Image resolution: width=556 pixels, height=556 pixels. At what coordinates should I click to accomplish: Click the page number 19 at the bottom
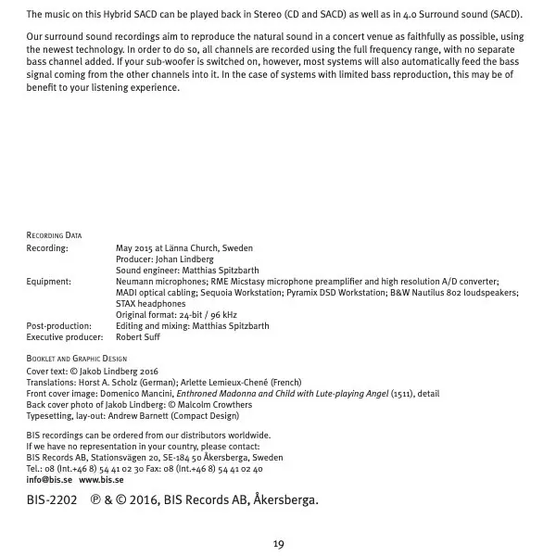pos(278,543)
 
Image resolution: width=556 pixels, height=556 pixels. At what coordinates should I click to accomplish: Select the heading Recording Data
pos(54,235)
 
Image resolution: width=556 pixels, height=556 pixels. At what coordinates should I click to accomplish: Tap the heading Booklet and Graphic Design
pos(77,358)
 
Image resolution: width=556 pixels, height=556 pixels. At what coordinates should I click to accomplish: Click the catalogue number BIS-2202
pos(52,500)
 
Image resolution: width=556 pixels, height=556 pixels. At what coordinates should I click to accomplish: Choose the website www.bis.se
pos(101,480)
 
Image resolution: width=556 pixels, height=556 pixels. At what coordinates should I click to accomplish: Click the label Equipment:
pos(48,281)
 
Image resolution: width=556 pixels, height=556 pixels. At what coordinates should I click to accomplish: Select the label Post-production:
pos(58,326)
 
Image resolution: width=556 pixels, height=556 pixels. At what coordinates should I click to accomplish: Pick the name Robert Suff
pos(138,337)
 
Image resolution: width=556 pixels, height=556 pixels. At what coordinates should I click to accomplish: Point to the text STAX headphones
pos(150,303)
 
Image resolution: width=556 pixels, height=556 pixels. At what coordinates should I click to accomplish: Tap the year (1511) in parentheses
pos(402,393)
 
